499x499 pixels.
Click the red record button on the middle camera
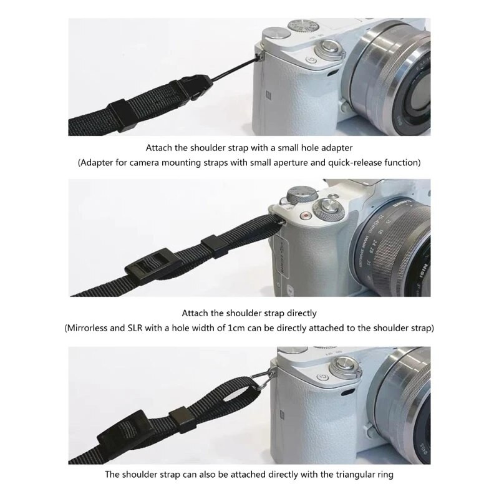306,215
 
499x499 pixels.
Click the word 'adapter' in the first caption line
337,148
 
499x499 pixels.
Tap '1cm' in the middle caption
236,328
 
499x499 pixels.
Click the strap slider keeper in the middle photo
214,246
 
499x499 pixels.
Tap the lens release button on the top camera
344,106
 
